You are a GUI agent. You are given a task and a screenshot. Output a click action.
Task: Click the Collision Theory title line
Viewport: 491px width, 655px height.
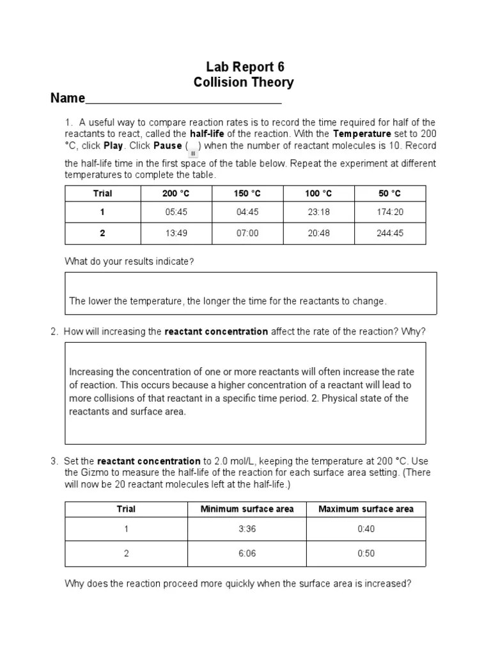point(244,83)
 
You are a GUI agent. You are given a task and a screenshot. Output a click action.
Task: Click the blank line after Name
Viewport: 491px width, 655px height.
point(183,99)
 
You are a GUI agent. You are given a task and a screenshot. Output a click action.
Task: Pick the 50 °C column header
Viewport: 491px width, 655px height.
point(389,193)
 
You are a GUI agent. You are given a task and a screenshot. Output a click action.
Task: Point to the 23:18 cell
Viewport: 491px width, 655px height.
point(318,212)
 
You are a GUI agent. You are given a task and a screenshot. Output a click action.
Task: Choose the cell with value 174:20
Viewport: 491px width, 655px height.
point(389,212)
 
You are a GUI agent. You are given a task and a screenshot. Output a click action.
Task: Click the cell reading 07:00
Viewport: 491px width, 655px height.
point(247,233)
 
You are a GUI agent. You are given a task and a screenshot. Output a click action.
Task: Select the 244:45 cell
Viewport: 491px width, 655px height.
point(389,233)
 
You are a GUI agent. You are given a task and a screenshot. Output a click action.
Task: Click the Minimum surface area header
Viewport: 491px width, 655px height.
point(247,509)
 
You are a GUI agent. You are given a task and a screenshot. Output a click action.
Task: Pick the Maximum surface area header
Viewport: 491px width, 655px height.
point(366,509)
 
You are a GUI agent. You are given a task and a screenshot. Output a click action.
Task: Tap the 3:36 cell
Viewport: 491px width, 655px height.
point(247,529)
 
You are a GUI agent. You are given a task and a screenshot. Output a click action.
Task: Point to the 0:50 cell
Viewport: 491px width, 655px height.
point(366,553)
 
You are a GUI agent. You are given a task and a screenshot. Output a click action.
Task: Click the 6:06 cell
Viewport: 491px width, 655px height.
point(247,553)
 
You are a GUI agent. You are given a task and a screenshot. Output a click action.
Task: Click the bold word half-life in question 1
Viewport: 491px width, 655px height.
point(208,134)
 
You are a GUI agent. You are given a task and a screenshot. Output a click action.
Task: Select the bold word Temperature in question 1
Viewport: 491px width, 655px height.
point(362,134)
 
